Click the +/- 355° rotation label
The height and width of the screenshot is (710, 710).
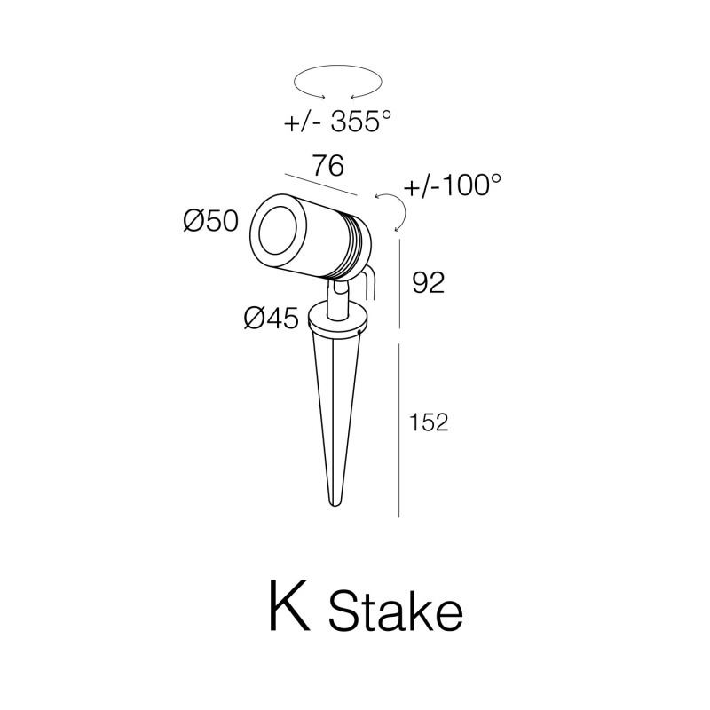tap(337, 121)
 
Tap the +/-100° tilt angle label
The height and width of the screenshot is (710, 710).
tap(454, 185)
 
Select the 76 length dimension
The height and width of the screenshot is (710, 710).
tap(328, 166)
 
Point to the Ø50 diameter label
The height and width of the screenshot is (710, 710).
tap(211, 221)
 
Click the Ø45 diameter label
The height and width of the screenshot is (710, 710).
tap(272, 318)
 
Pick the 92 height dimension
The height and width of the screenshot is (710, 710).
tap(429, 283)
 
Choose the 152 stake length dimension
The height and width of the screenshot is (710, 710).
tap(429, 422)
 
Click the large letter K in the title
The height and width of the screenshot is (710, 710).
tap(290, 605)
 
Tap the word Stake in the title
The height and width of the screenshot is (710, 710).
tap(396, 611)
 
